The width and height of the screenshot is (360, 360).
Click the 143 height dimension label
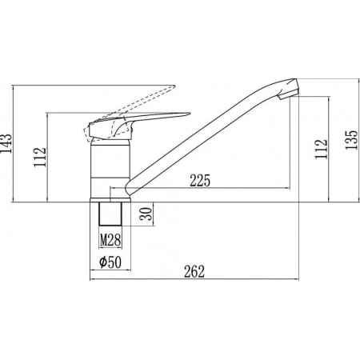click(x=6, y=143)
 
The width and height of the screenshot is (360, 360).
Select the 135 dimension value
click(x=351, y=140)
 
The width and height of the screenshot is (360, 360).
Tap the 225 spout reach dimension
click(x=200, y=181)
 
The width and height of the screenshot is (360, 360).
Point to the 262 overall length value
click(x=194, y=272)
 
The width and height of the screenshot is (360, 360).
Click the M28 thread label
click(x=110, y=240)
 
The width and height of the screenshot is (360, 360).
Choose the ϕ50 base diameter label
click(x=110, y=262)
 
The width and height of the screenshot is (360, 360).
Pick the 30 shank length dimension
click(x=146, y=214)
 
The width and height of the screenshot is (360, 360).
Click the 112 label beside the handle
click(x=40, y=157)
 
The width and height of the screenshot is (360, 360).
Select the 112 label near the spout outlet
click(x=321, y=150)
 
